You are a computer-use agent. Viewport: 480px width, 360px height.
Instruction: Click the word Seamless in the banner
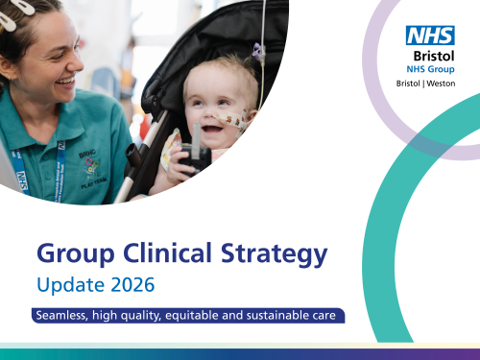(62, 316)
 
